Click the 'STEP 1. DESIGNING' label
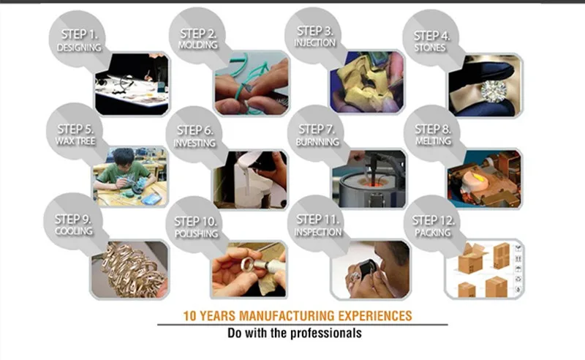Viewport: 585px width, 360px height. pyautogui.click(x=79, y=40)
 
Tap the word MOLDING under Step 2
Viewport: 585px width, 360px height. pyautogui.click(x=197, y=45)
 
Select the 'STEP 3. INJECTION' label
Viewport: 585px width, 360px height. pyautogui.click(x=315, y=37)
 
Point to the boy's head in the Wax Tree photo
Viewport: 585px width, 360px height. pyautogui.click(x=124, y=157)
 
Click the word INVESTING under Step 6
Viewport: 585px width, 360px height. pyautogui.click(x=195, y=143)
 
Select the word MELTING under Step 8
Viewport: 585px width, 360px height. pyautogui.click(x=433, y=140)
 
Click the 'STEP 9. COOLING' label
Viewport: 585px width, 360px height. pyautogui.click(x=74, y=225)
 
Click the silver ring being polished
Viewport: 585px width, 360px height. pyautogui.click(x=247, y=264)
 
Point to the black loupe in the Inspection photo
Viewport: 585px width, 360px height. pyautogui.click(x=367, y=267)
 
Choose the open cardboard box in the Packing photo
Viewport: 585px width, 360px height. pyautogui.click(x=472, y=257)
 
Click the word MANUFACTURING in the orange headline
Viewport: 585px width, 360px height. pyautogui.click(x=287, y=316)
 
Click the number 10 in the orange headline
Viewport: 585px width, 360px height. pyautogui.click(x=189, y=316)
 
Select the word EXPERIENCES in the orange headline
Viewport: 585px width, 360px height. pyautogui.click(x=375, y=316)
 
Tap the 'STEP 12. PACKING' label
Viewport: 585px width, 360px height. pyautogui.click(x=433, y=226)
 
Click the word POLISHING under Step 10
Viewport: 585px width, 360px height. pyautogui.click(x=196, y=233)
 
